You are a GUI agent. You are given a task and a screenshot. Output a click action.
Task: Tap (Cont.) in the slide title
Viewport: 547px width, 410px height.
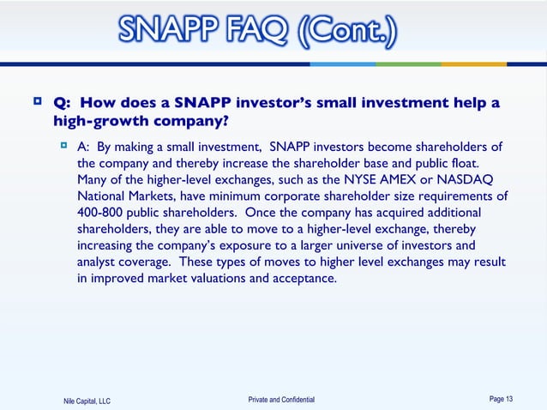(347, 33)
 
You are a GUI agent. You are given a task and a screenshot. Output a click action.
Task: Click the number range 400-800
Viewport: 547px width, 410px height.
(99, 212)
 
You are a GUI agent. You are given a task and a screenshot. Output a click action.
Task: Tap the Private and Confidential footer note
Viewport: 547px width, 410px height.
(281, 400)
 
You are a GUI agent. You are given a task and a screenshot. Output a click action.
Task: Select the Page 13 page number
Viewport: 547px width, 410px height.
(501, 399)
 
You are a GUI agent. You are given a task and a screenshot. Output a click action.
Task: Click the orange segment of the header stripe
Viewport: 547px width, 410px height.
(474, 63)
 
